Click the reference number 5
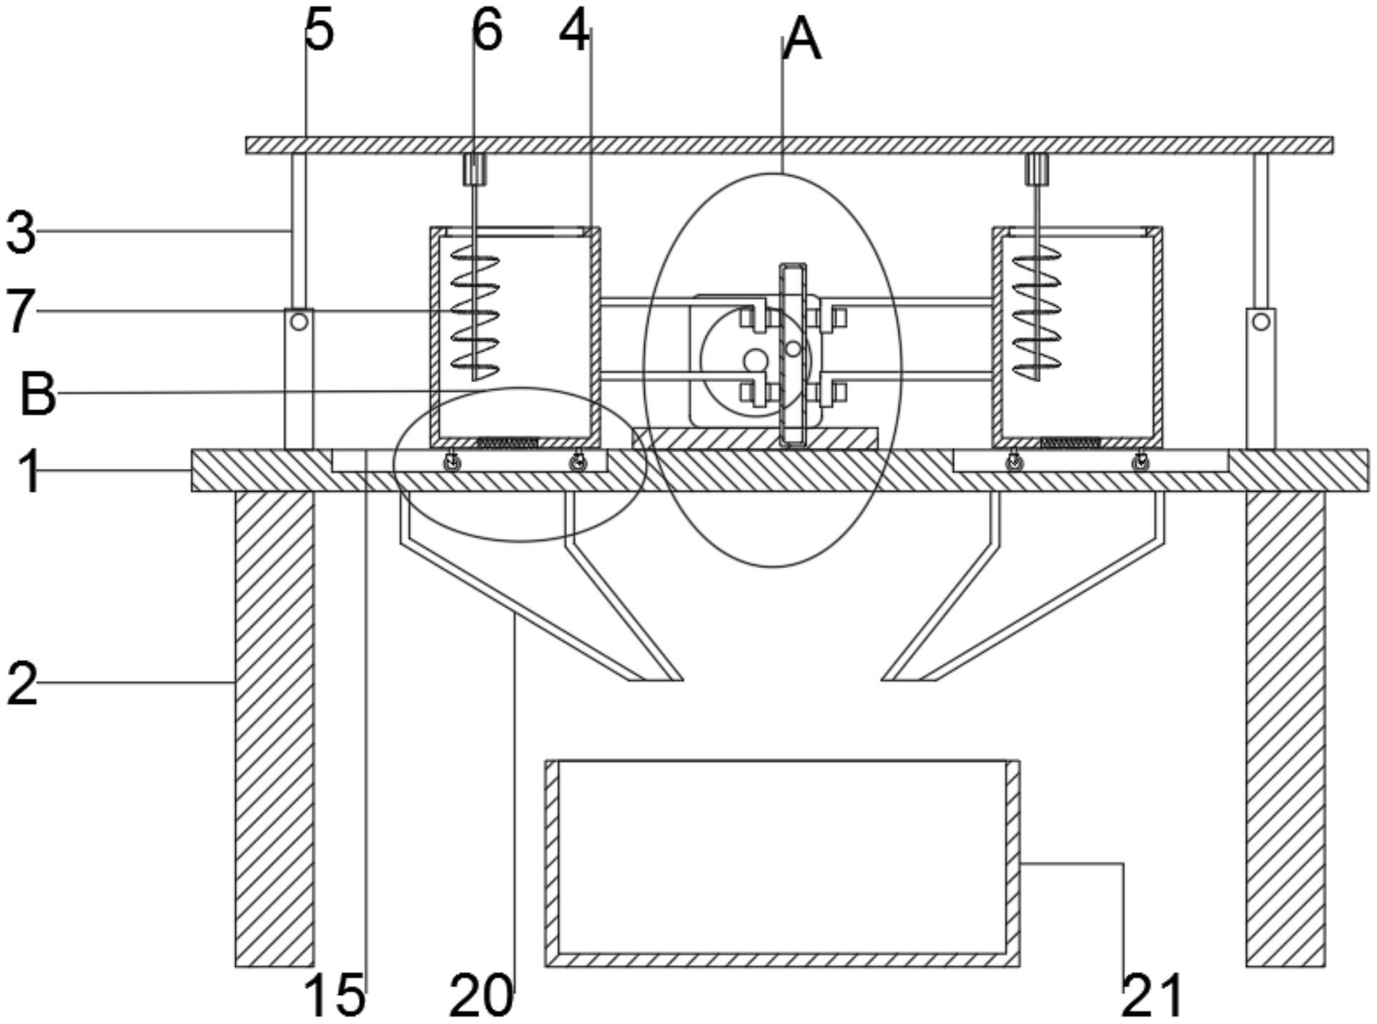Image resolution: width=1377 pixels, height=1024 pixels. coord(320,31)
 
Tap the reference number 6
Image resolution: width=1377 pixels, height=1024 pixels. coord(488,31)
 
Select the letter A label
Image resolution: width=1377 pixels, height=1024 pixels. coord(802,40)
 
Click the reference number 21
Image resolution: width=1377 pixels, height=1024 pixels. coord(1152,995)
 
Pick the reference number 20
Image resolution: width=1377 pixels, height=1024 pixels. coord(481,995)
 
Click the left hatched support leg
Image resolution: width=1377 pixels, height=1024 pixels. coord(275,729)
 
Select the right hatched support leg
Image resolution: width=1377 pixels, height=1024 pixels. coord(1285,729)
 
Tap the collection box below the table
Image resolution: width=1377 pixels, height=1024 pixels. coord(782,863)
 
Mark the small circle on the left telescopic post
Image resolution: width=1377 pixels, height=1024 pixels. coord(299,321)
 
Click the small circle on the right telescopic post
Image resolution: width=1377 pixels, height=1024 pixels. coord(1260,321)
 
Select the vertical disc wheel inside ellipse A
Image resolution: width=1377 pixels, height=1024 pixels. coord(792,355)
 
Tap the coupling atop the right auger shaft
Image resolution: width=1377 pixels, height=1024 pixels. coord(1037,169)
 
